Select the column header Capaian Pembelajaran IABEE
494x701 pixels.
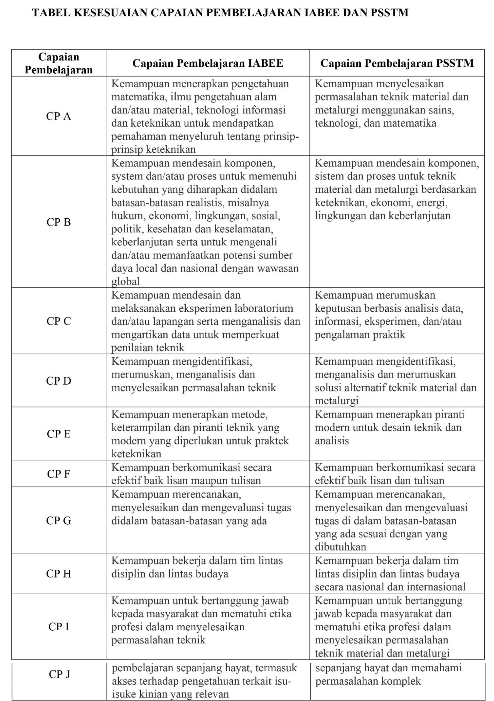point(208,63)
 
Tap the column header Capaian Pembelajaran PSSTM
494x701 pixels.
point(397,63)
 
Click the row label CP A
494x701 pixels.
point(58,116)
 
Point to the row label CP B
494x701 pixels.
point(58,222)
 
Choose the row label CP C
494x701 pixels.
point(58,321)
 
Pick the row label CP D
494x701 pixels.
point(58,381)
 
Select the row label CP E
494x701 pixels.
point(58,434)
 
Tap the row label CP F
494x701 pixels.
point(58,474)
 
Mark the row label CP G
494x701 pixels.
point(58,520)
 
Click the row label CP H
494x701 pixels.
point(58,574)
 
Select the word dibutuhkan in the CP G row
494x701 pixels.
point(341,547)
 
